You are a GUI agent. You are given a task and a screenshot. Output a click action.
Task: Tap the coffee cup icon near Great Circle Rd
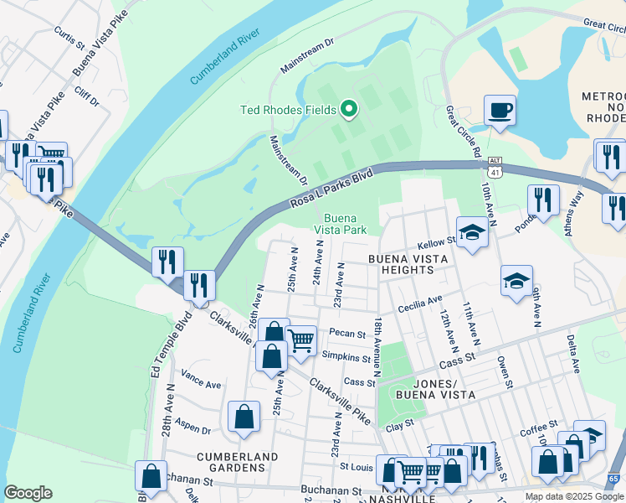point(500,111)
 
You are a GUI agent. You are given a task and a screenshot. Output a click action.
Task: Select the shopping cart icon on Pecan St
point(300,340)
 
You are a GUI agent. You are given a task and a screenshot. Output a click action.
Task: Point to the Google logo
point(28,493)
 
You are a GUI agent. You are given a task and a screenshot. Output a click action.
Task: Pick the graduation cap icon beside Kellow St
point(472,233)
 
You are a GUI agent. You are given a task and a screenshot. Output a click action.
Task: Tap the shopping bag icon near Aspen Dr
point(244,417)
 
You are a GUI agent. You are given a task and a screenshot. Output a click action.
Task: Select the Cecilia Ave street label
point(420,301)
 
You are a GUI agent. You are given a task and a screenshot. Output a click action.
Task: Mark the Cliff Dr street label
point(86,96)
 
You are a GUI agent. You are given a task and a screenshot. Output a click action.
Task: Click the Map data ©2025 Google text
point(574,496)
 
